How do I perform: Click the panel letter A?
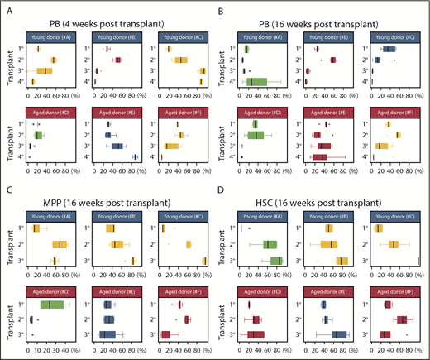click(8, 10)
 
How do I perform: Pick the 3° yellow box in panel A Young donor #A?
click(44, 71)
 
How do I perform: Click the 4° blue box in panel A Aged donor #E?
click(135, 156)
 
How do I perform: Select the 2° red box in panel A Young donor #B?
click(117, 60)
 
